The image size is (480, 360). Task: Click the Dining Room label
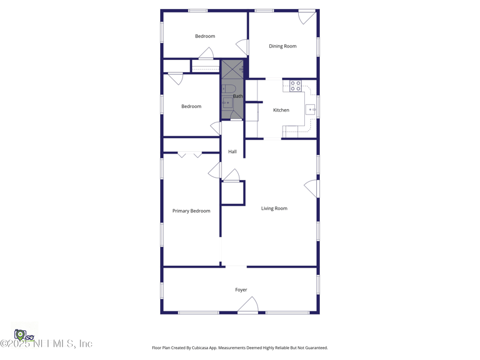click(x=283, y=46)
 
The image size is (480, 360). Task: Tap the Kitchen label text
click(x=281, y=110)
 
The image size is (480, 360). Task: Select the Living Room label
click(x=274, y=209)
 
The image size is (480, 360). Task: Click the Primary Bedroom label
click(x=191, y=211)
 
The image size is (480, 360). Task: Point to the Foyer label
click(x=241, y=290)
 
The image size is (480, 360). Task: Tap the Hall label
click(x=232, y=152)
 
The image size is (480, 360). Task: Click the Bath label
click(x=238, y=96)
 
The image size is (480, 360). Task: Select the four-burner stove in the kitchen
click(x=295, y=86)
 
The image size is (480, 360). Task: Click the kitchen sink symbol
click(x=311, y=110)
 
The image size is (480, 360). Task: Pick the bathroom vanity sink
click(x=227, y=103)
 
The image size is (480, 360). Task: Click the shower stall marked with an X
click(x=232, y=70)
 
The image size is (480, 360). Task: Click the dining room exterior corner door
click(x=307, y=17)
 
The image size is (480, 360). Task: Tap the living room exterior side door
click(x=311, y=188)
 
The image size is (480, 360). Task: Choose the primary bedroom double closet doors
click(x=190, y=155)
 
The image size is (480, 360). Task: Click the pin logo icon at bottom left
click(x=21, y=334)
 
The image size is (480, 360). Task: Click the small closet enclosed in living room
click(x=232, y=193)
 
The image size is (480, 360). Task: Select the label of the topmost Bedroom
click(x=205, y=37)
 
